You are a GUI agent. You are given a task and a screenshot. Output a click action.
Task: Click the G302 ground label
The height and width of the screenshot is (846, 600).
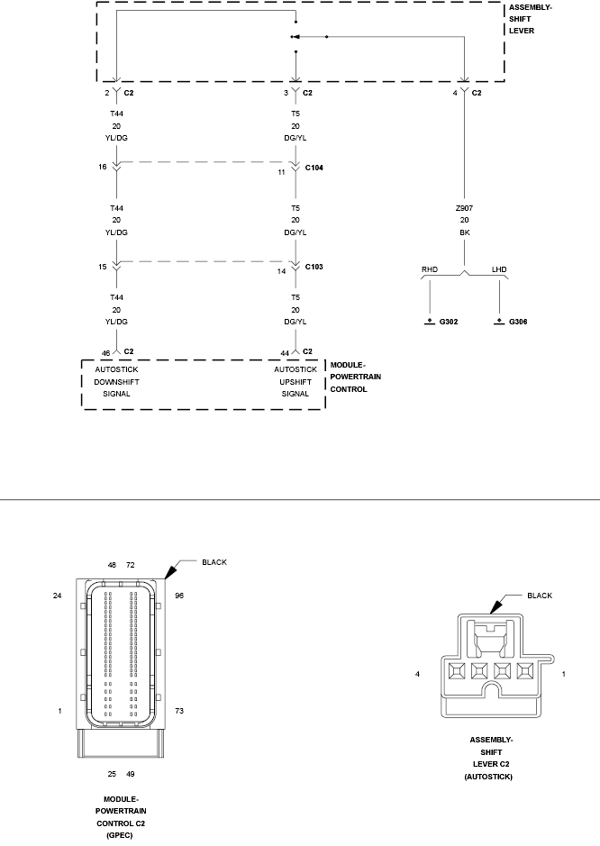[448, 321]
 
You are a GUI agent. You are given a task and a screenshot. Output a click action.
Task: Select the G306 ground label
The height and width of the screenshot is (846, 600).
[518, 321]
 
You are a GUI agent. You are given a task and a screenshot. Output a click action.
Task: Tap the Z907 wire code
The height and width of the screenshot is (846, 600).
[464, 207]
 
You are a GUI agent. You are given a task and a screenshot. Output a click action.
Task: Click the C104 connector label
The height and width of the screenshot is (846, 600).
[314, 168]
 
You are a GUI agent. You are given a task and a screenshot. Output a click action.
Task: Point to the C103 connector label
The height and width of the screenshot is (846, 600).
[314, 268]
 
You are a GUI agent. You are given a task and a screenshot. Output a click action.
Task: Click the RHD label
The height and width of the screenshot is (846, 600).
[429, 269]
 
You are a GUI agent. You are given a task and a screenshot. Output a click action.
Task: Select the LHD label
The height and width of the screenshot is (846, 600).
[499, 269]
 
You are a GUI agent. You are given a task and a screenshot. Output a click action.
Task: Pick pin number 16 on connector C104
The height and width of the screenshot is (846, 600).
[104, 167]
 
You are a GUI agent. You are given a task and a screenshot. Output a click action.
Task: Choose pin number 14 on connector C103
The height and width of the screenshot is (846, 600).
[281, 270]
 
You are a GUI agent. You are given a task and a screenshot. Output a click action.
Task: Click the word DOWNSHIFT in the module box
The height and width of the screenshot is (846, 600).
[117, 381]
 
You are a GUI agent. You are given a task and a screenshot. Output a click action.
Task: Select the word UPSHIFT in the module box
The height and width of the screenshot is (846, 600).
[296, 381]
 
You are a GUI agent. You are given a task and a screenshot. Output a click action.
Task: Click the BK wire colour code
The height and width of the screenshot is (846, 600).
[464, 232]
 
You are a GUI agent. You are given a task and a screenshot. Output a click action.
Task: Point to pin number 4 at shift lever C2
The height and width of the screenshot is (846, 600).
[456, 93]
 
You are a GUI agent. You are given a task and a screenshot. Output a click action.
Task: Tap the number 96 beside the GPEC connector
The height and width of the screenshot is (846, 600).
[179, 596]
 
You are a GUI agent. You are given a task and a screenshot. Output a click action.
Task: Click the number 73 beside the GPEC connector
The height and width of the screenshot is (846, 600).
[179, 711]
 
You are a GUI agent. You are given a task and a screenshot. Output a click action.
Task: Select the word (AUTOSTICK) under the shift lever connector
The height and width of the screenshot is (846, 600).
[487, 776]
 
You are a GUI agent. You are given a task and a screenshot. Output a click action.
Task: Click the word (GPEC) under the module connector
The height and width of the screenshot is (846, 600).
[117, 835]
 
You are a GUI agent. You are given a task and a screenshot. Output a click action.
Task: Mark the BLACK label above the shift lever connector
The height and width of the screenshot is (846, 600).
[540, 596]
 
